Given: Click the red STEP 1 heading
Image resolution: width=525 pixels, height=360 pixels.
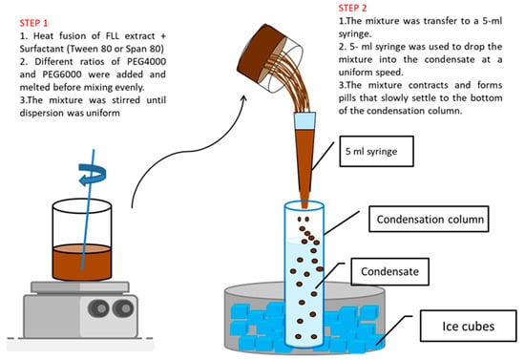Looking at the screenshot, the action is (x=33, y=23).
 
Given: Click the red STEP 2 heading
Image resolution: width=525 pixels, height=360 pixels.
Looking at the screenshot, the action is (x=352, y=8).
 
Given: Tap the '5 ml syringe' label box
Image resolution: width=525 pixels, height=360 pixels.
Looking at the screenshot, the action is (x=376, y=151).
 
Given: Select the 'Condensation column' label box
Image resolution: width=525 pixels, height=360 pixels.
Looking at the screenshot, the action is (x=429, y=219).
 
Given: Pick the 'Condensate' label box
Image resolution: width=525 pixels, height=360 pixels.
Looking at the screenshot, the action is (x=389, y=271).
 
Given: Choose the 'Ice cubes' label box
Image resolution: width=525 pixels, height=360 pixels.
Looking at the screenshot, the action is (x=468, y=326).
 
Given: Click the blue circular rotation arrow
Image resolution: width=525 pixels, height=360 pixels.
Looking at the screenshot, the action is (x=93, y=174).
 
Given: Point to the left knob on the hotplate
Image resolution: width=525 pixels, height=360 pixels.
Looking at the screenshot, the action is (x=98, y=308).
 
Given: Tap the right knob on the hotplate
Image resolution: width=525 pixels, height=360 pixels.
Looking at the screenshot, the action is (x=123, y=308).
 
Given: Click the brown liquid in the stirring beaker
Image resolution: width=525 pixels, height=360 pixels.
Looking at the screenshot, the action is (x=82, y=263).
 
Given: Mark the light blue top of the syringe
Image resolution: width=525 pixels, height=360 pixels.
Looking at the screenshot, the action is (x=304, y=121).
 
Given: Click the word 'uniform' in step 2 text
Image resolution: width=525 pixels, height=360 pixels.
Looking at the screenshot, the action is (x=356, y=73).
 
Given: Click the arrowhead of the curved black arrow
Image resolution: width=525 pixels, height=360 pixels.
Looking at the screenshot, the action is (x=243, y=98).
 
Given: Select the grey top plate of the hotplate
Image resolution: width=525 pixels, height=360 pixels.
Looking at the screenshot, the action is (x=80, y=287).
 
